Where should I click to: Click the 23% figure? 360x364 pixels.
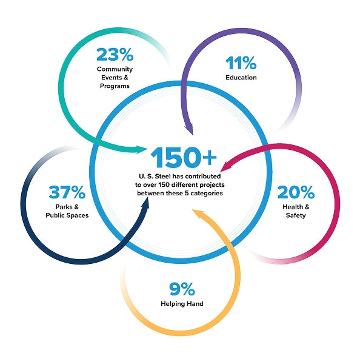point(115,55)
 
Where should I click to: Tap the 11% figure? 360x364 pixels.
point(241,63)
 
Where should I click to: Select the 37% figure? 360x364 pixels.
point(67,192)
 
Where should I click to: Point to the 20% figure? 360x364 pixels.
point(296,192)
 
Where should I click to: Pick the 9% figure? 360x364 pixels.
point(182,289)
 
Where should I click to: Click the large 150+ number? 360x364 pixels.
point(184,157)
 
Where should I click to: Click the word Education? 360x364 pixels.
point(241,78)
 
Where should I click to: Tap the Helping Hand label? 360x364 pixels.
point(182,304)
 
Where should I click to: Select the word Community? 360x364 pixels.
point(115,69)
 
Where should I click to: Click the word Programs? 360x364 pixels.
point(115,86)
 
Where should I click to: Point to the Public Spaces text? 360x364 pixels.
point(67,215)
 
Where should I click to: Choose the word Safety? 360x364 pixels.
point(296,215)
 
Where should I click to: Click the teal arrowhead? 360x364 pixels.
point(141,149)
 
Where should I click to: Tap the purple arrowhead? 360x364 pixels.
point(189,130)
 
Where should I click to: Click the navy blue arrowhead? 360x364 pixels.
point(145,204)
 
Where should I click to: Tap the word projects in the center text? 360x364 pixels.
point(212,185)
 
